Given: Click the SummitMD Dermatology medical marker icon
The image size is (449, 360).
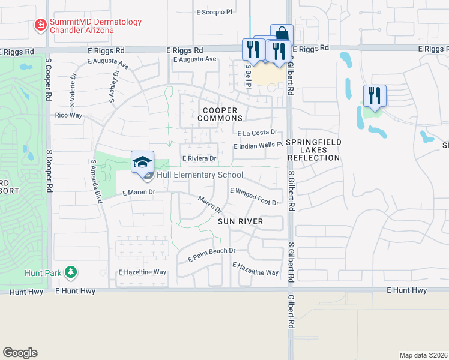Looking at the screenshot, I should click(40, 26).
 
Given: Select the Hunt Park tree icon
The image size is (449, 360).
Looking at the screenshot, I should click(71, 272).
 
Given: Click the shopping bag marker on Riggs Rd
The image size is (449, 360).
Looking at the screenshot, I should click(282, 34).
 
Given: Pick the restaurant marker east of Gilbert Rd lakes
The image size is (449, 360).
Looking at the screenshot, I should click(374, 95).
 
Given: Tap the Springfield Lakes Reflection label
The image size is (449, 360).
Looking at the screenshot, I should click(313, 150).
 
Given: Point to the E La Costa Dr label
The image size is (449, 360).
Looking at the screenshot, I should click(257, 133).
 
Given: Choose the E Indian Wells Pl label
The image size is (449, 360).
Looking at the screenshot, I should click(258, 146).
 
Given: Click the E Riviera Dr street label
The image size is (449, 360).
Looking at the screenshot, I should click(199, 158).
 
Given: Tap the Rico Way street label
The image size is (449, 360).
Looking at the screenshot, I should click(68, 115).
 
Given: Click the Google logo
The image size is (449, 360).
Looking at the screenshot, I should click(20, 353).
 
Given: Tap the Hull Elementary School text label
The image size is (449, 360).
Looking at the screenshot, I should click(200, 175).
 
